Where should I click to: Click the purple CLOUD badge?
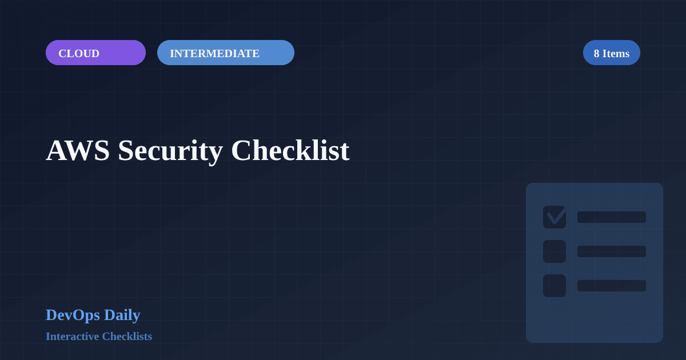(x=95, y=53)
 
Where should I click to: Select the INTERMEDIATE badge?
(x=225, y=53)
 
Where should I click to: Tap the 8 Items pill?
(x=611, y=53)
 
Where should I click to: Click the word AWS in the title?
(x=78, y=151)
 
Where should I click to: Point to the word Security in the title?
(x=170, y=151)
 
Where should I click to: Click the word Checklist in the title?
(x=290, y=151)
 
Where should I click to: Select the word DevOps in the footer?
(x=73, y=315)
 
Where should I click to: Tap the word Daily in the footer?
(x=122, y=315)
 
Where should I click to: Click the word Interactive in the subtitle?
(x=72, y=336)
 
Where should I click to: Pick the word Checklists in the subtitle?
(x=127, y=336)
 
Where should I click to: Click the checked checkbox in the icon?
(x=555, y=217)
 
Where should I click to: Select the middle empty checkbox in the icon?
(x=555, y=251)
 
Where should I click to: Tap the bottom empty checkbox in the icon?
(x=555, y=286)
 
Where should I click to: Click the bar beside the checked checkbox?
(x=612, y=217)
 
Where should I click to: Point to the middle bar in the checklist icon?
(x=612, y=251)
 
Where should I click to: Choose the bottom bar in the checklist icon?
(x=612, y=286)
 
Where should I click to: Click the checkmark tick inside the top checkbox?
(x=556, y=217)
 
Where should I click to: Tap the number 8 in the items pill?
(x=596, y=53)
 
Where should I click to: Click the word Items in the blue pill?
(x=616, y=53)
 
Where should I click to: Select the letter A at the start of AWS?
(x=56, y=151)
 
